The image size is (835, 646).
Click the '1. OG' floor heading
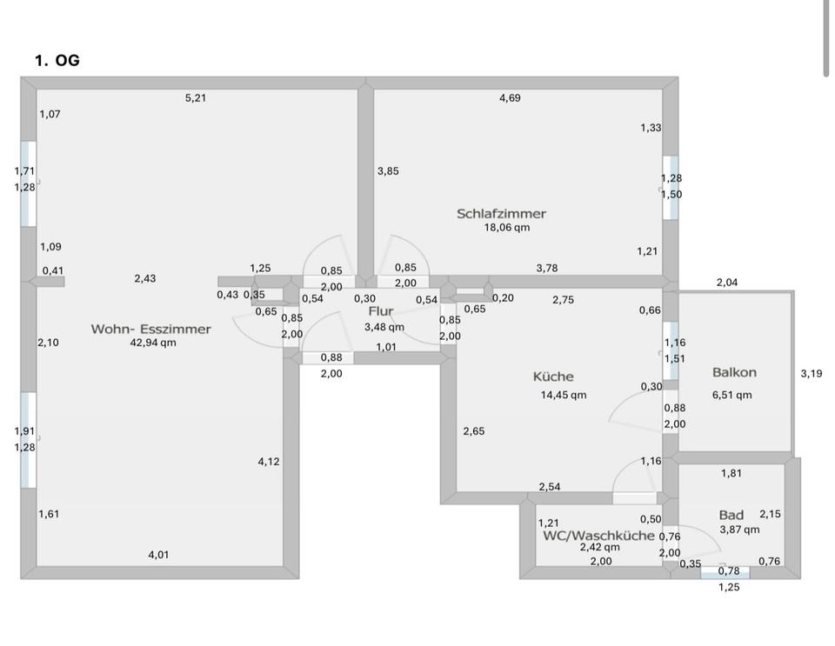coord(57,61)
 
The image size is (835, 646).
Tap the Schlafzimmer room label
coord(501,213)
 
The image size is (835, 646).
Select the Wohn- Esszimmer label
coord(150,329)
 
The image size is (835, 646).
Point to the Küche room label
coord(553,376)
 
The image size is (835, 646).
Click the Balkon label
coord(734,372)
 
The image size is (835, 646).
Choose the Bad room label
coord(731,515)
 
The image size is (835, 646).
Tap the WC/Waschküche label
coord(598,536)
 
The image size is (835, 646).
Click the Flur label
coord(381,311)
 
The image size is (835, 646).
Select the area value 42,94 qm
coord(153,343)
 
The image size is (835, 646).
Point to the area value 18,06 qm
coord(507,228)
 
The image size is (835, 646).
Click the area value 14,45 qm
coord(564,395)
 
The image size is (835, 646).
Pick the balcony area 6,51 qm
coord(731,395)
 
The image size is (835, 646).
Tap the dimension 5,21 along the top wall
coord(196,98)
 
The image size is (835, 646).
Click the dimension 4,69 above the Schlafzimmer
coord(510,98)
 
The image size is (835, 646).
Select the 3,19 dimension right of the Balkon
coord(811,374)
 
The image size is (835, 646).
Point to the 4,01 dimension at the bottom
coord(158,555)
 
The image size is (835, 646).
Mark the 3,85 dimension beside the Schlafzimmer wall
coord(388,171)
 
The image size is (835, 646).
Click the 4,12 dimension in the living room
coord(269,462)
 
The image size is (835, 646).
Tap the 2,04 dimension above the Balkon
coord(727,283)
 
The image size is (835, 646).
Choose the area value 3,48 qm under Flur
coord(384,327)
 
